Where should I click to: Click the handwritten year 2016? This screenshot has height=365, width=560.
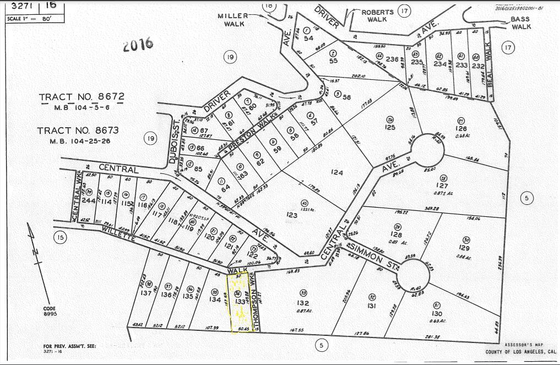(x=138, y=44)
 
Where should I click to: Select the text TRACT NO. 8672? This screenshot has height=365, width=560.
(x=81, y=97)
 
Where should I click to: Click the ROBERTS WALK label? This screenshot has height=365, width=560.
(x=377, y=15)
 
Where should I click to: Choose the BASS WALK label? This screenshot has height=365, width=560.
(x=520, y=23)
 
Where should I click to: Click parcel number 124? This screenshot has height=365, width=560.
(x=337, y=173)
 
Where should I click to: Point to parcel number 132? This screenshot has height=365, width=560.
(x=302, y=303)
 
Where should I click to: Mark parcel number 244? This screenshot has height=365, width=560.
(x=89, y=201)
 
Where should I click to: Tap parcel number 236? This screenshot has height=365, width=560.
(x=392, y=59)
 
